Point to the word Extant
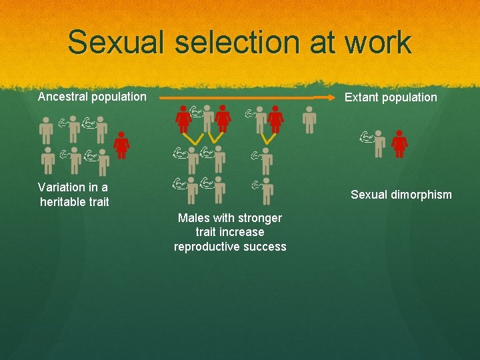pyautogui.click(x=363, y=97)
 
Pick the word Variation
pyautogui.click(x=61, y=187)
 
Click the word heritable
pyautogui.click(x=63, y=201)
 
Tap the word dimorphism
pyautogui.click(x=421, y=195)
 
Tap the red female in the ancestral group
pyautogui.click(x=121, y=145)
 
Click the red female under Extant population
pyautogui.click(x=399, y=143)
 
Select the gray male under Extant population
pyautogui.click(x=379, y=143)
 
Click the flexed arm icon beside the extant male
pyautogui.click(x=365, y=137)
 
